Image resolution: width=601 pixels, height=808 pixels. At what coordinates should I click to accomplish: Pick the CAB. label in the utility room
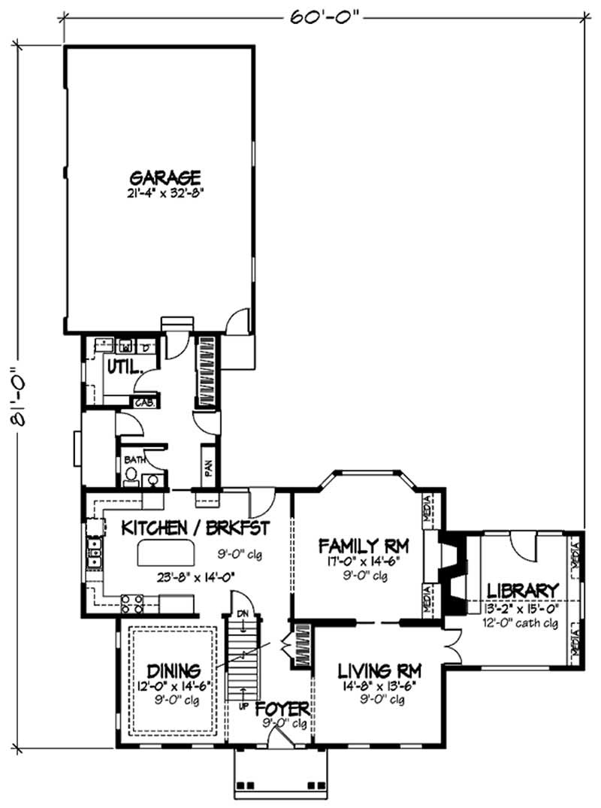point(144,402)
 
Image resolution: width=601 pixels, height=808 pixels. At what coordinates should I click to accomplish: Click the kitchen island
point(164,555)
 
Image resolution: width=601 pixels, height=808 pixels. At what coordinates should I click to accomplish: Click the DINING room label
point(173,669)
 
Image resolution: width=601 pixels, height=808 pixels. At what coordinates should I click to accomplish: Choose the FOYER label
point(282,710)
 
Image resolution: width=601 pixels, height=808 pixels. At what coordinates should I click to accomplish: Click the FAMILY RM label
point(362,544)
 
